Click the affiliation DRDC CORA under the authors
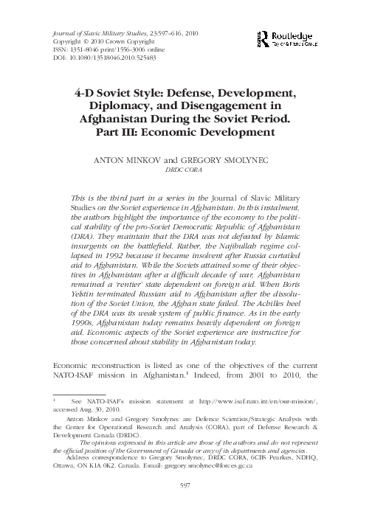coord(185,168)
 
